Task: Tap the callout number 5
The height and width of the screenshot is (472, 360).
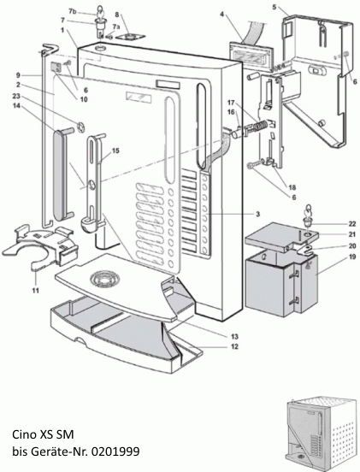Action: (274, 7)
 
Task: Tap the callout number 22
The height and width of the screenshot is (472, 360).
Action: (328, 223)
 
